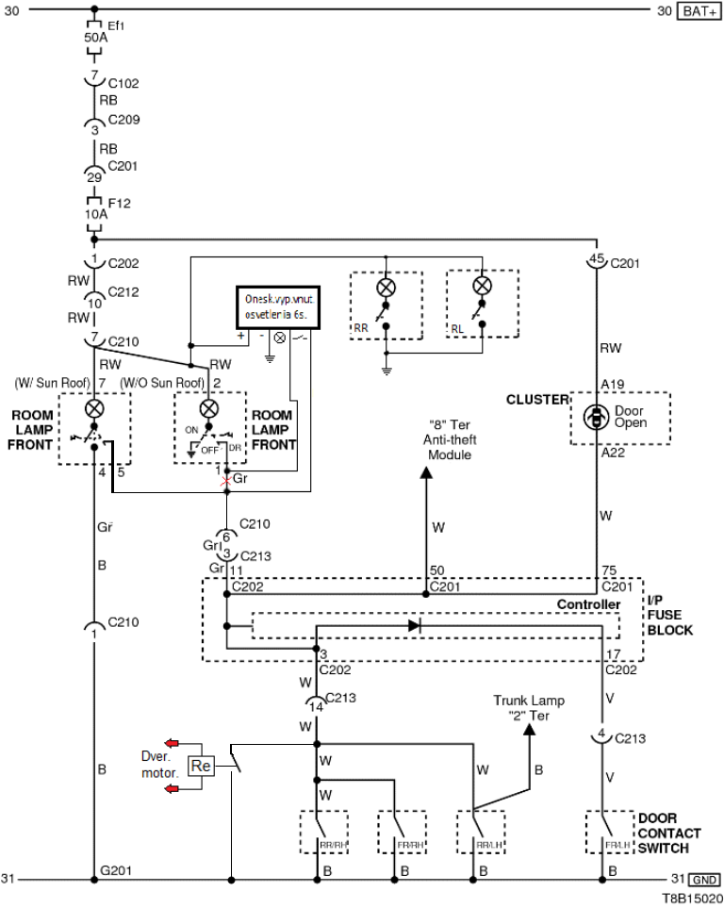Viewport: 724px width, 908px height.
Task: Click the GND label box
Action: [699, 879]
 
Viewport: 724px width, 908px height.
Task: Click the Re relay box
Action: [201, 767]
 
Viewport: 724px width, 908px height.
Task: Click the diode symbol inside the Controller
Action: [415, 624]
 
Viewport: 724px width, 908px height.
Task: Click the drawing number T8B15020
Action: [692, 899]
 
